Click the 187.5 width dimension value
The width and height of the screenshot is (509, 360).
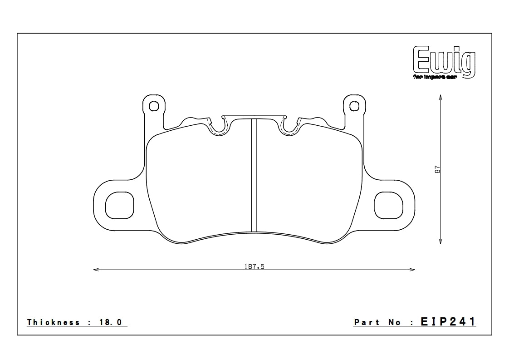(254, 266)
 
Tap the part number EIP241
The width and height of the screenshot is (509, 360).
(448, 322)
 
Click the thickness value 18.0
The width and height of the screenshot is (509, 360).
(111, 322)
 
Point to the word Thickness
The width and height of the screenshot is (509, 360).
(54, 322)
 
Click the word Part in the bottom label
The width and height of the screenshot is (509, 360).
(364, 322)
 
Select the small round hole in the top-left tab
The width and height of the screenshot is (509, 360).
(154, 106)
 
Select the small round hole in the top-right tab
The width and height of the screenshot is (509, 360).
(354, 106)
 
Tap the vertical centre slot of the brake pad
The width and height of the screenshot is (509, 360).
(254, 175)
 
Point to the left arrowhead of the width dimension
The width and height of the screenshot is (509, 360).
(95, 270)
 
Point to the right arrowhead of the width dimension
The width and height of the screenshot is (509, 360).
(413, 270)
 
